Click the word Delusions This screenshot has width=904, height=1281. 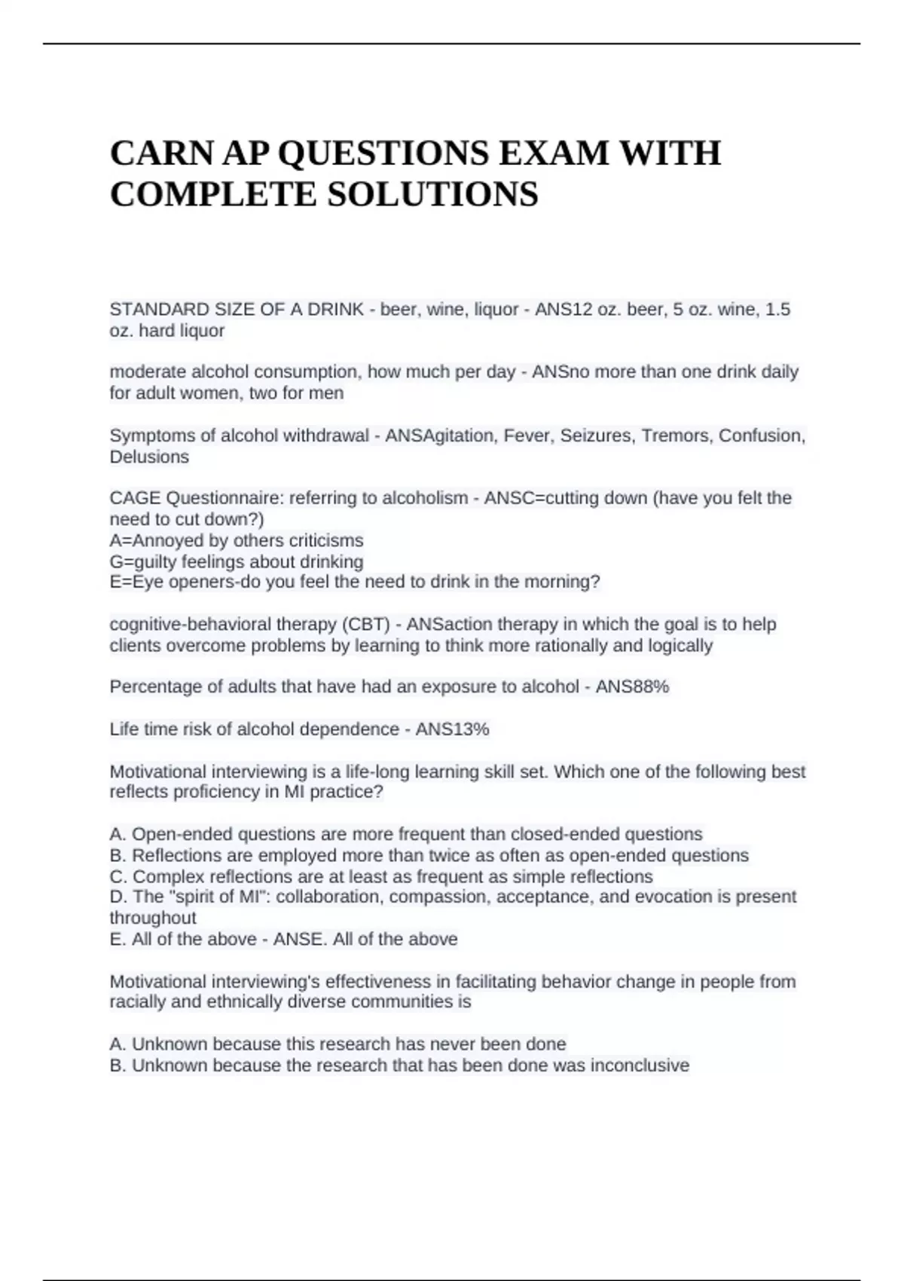[x=149, y=457]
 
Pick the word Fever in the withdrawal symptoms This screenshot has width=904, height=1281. [x=526, y=436]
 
